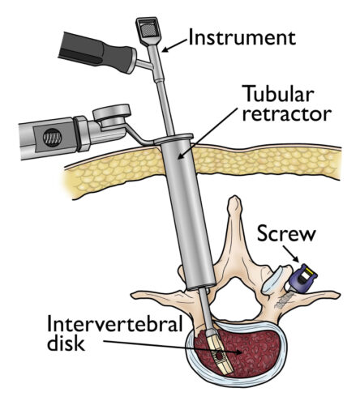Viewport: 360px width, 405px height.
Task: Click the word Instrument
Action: click(x=242, y=37)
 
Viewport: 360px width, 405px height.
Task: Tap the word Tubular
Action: click(x=279, y=93)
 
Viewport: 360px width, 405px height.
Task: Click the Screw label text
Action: click(x=286, y=233)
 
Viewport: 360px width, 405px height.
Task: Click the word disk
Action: click(x=66, y=343)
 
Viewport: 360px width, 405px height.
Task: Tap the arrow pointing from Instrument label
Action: click(x=174, y=45)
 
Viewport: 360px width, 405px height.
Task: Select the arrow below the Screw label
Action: click(x=291, y=254)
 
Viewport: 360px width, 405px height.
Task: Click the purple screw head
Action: click(x=302, y=279)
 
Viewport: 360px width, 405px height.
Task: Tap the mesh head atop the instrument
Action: click(x=148, y=28)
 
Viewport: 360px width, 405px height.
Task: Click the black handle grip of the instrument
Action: click(x=96, y=53)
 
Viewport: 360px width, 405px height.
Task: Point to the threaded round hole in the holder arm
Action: click(x=52, y=138)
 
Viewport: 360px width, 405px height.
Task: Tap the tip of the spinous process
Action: click(x=234, y=200)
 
